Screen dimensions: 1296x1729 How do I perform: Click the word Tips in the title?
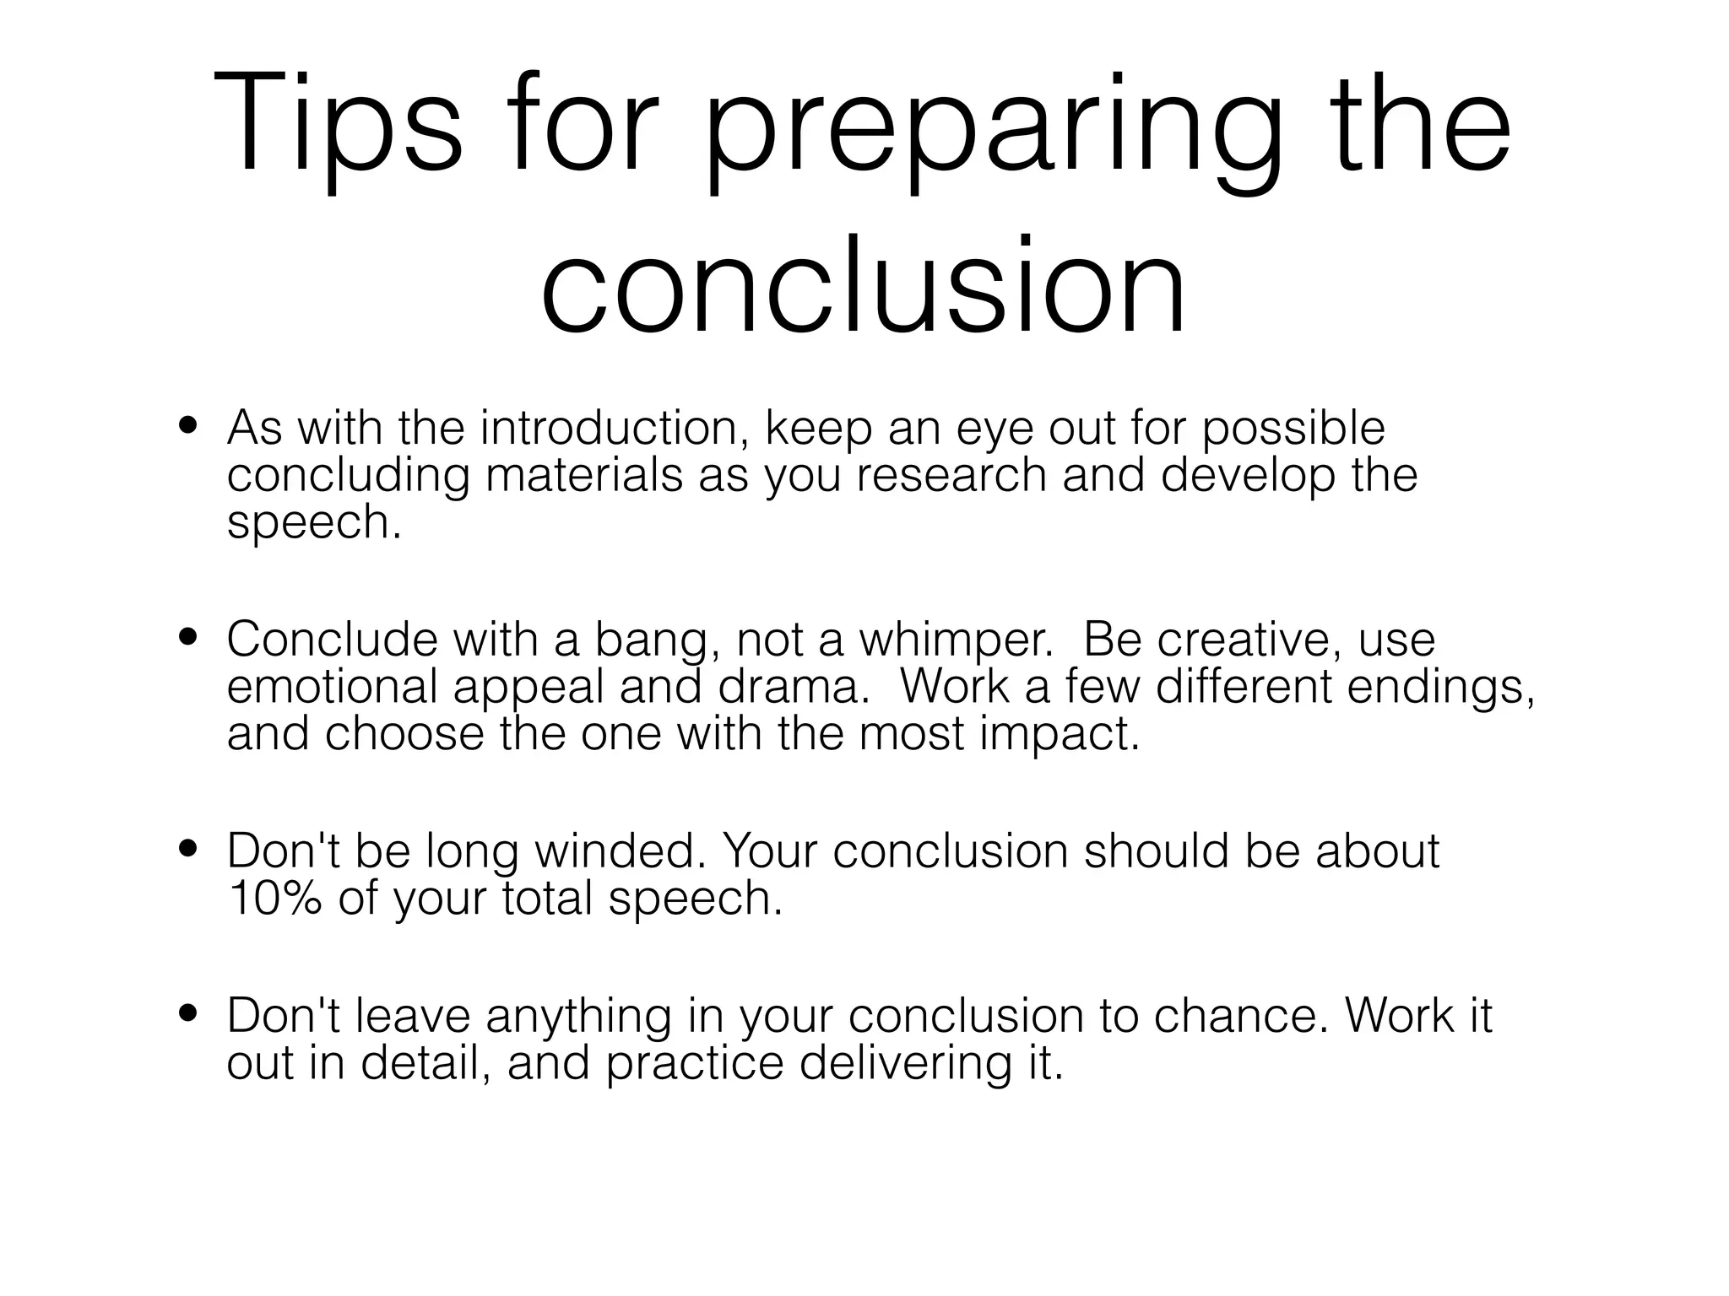(x=338, y=125)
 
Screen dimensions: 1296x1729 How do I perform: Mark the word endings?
(x=1440, y=688)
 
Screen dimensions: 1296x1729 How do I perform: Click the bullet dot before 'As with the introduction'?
(x=187, y=425)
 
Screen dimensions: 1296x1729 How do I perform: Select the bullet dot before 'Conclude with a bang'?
(x=187, y=636)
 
